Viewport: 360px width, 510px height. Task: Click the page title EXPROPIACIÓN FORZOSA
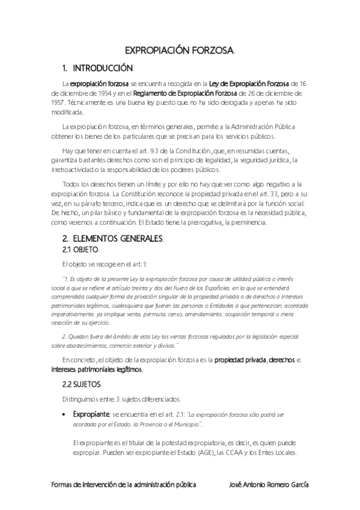(179, 52)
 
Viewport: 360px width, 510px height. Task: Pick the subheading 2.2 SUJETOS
(82, 383)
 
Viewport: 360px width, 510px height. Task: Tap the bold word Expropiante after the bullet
(90, 414)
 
